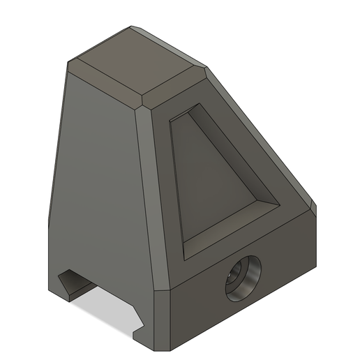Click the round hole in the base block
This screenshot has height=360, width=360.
click(243, 277)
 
